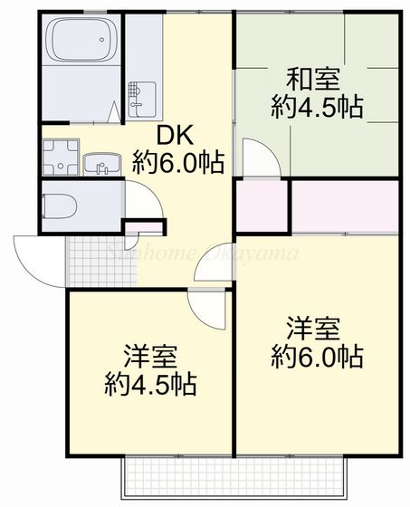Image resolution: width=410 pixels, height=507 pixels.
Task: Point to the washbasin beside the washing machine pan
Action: pos(102,165)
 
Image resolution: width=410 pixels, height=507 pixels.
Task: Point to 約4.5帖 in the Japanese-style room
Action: pos(317,107)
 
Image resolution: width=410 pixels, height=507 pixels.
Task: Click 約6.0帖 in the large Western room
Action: pos(317,356)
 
